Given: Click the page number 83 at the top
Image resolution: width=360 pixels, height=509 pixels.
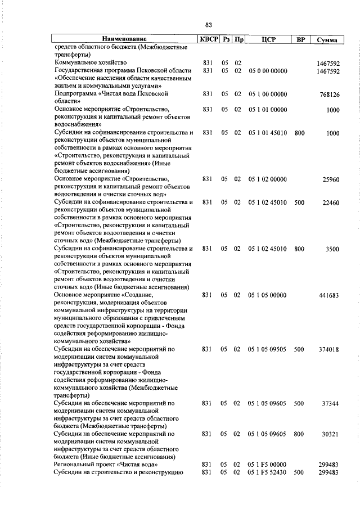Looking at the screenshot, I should [208, 25].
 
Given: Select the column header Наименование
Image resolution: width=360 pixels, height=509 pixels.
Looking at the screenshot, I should [124, 40].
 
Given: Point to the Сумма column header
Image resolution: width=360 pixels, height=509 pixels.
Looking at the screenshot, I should [327, 40].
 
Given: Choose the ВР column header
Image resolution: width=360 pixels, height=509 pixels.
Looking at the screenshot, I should [300, 40].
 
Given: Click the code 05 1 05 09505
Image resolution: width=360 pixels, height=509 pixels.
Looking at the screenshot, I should [267, 349].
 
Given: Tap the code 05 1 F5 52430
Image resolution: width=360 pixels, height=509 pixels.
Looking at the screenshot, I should [267, 473].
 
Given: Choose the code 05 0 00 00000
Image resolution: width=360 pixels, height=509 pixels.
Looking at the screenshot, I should [267, 70].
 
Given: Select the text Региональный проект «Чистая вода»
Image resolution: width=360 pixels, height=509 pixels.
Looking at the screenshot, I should [106, 465].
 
